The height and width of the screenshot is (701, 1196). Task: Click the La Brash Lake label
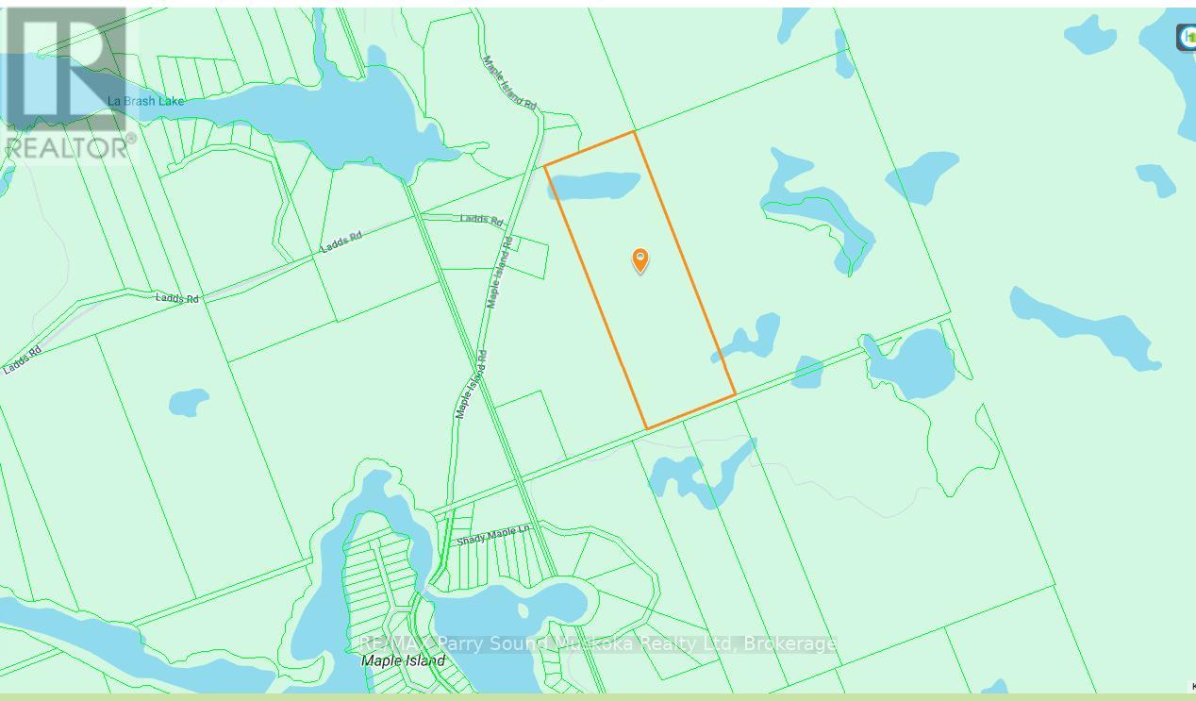click(x=145, y=101)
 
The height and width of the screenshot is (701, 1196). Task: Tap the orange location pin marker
click(x=640, y=259)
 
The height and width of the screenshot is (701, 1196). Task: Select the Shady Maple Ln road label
click(x=493, y=536)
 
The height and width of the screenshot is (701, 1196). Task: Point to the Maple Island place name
click(x=403, y=660)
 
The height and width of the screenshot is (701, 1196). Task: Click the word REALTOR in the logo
click(x=68, y=147)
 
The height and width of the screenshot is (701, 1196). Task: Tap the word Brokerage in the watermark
click(x=790, y=643)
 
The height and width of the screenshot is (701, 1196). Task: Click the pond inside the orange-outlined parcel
click(x=594, y=185)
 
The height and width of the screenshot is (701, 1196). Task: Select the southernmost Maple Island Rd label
click(x=471, y=385)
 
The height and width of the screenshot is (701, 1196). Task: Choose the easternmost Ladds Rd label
click(x=481, y=220)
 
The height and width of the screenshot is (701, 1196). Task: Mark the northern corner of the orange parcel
click(x=634, y=132)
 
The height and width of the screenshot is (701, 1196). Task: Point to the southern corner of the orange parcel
click(x=647, y=428)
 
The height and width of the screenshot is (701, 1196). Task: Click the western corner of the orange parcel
click(x=545, y=167)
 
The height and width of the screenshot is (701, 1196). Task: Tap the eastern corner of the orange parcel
click(x=735, y=394)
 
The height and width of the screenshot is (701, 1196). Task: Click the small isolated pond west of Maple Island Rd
click(x=189, y=403)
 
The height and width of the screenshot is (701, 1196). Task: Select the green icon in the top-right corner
click(x=1187, y=37)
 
